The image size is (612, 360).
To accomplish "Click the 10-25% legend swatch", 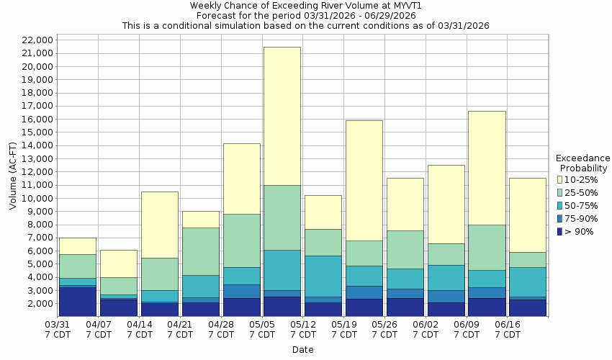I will point(559,179).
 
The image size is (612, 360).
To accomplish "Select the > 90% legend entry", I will point(559,231).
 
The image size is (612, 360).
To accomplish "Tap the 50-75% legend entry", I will point(559,205).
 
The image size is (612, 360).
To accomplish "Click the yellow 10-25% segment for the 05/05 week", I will point(282,116).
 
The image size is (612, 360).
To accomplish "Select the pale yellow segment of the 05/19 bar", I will point(364,180).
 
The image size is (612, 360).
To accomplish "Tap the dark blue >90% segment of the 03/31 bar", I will point(78,302).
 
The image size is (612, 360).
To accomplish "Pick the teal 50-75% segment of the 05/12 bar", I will point(323,276).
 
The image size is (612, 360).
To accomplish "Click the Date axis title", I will point(302,350).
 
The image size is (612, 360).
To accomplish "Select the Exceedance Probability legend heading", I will point(583,163).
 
